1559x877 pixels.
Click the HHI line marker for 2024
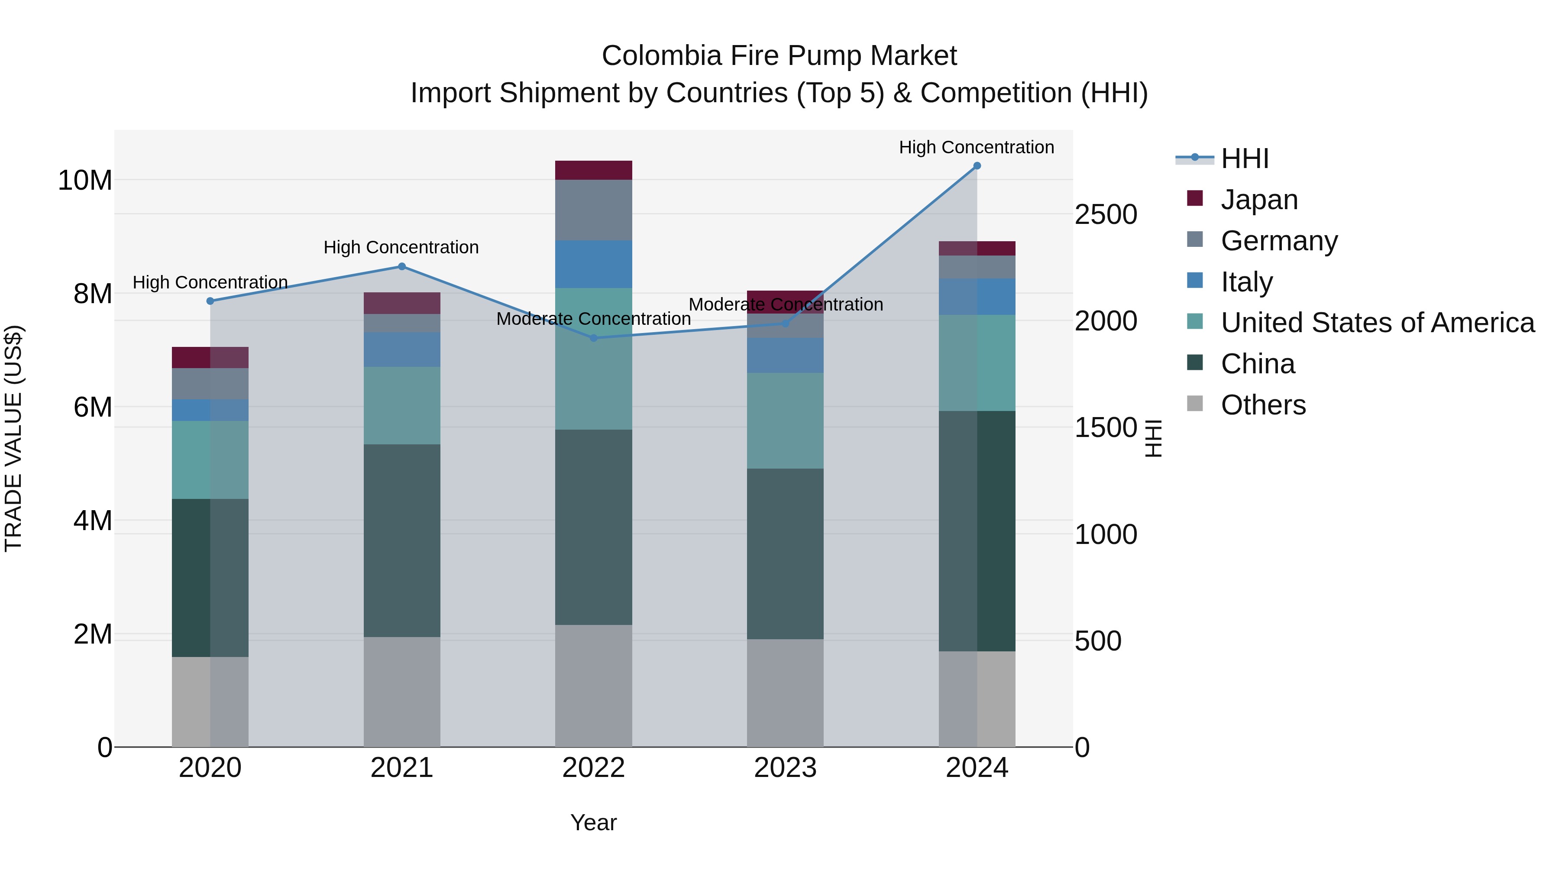tap(977, 166)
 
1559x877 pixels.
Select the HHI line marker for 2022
tap(594, 338)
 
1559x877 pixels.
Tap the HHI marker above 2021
tap(402, 266)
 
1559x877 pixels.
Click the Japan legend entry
tap(1259, 200)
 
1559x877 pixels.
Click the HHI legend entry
tap(1244, 159)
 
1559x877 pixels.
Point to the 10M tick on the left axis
tap(85, 180)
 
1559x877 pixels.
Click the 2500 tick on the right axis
tap(1106, 215)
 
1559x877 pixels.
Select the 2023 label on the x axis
tap(785, 768)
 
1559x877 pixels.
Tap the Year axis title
tap(593, 822)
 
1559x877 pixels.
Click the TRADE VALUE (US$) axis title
tap(14, 438)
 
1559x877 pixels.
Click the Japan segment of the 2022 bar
tap(594, 170)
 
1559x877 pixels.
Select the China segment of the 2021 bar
tap(402, 540)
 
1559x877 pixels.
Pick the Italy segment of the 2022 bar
tap(594, 264)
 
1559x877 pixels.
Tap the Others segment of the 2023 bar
tap(785, 693)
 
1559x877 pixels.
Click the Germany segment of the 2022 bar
tap(594, 210)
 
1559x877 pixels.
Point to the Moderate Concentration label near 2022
tap(593, 318)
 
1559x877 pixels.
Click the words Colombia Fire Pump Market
tap(779, 56)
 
